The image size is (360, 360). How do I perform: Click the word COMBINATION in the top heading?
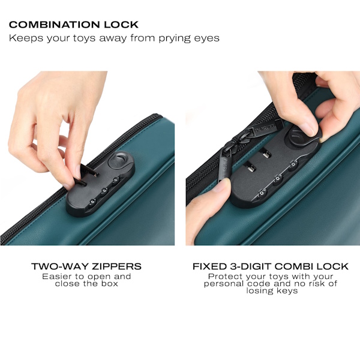coord(54,25)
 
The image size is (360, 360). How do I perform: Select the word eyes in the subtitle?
coord(206,38)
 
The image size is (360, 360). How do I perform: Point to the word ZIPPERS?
coord(116,266)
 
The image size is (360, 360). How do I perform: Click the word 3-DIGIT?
coord(250,266)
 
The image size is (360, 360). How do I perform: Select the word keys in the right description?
coord(287,291)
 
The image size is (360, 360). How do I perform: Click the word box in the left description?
coord(110,284)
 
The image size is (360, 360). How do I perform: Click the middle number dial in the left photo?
coord(104,191)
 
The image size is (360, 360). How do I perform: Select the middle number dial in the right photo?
coord(277,179)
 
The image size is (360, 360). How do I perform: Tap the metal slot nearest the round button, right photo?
coord(266,153)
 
